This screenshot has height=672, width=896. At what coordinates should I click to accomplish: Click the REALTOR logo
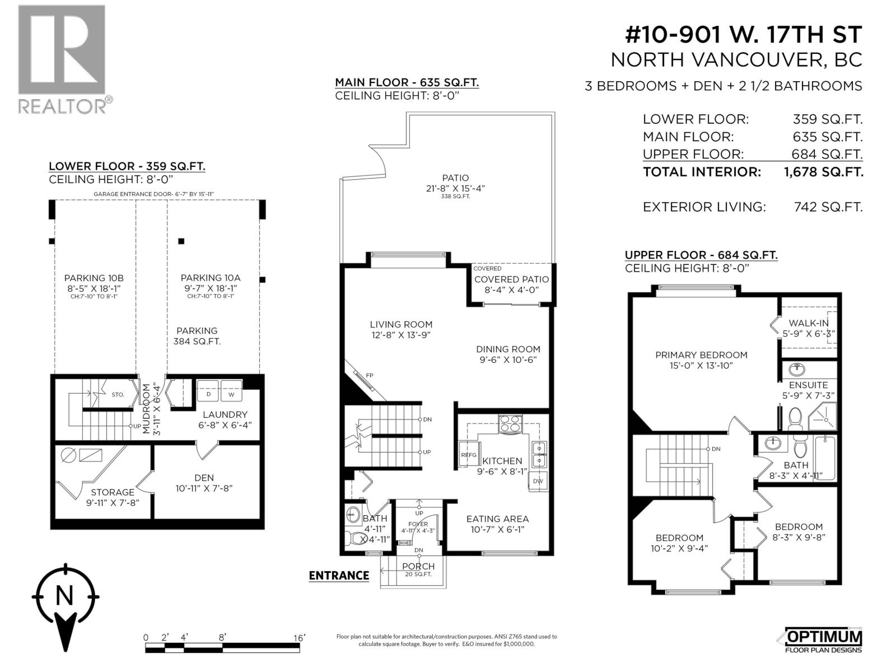[62, 59]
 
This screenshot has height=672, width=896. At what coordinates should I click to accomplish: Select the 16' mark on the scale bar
[300, 638]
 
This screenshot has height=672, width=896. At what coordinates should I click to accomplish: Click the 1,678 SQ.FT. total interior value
[823, 172]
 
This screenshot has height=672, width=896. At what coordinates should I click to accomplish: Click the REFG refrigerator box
[468, 455]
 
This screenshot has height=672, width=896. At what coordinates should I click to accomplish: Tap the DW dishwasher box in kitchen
[538, 481]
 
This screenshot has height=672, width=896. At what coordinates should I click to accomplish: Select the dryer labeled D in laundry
[208, 394]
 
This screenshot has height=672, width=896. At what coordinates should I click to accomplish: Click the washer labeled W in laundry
[231, 394]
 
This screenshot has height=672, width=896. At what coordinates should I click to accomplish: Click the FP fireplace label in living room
[370, 375]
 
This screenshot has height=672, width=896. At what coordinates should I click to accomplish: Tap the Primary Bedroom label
[701, 355]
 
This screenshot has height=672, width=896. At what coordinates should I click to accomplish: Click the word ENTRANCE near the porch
[339, 576]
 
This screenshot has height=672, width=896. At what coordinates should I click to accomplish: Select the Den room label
[204, 478]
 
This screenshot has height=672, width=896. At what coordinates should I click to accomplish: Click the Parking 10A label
[210, 278]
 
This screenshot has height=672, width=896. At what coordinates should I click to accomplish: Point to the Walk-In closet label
[809, 323]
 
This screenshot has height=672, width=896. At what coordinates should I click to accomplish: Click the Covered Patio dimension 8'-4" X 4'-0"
[511, 290]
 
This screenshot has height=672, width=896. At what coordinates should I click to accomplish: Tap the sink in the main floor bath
[353, 514]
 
